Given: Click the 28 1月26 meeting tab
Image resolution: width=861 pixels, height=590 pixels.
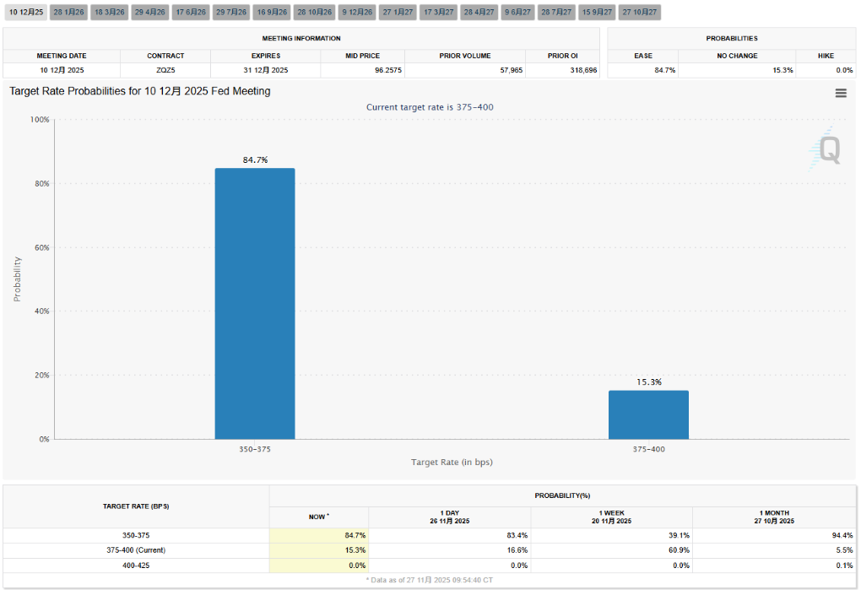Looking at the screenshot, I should [x=68, y=12].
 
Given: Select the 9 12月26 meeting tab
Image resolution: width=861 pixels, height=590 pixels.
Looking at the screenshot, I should [x=356, y=12].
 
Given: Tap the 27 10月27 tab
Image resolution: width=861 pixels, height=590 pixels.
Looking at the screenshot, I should [x=639, y=12].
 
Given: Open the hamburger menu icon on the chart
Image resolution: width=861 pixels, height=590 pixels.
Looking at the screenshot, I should [x=841, y=94].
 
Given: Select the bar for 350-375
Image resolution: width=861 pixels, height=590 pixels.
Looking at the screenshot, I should [x=255, y=303].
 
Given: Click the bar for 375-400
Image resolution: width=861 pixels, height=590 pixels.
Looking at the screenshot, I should [x=648, y=414].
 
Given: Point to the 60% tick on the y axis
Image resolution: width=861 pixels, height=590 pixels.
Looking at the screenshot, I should [x=41, y=247].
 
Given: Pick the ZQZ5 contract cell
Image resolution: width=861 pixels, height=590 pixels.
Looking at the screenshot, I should [x=165, y=70].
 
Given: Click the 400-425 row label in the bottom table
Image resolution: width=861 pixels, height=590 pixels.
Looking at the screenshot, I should [x=135, y=566].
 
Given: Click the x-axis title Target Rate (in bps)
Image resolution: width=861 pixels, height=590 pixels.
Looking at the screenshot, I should [x=452, y=463].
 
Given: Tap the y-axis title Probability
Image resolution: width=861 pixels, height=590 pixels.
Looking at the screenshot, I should [x=17, y=279].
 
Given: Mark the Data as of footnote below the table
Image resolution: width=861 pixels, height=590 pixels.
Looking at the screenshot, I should [x=430, y=581].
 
